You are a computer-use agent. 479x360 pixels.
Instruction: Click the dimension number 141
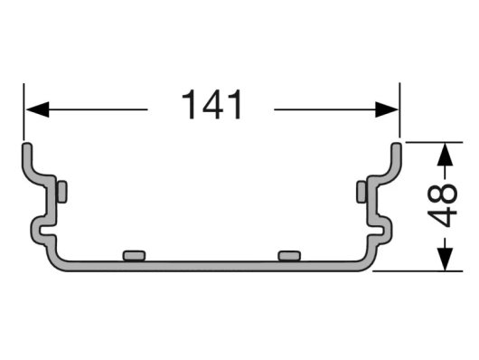coord(212,107)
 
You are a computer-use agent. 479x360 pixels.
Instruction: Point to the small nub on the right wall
coord(362,192)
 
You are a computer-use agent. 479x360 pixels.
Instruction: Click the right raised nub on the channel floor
coord(291,255)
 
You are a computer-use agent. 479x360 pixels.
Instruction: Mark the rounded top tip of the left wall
coord(27,146)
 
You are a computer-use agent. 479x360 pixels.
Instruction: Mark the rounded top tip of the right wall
coord(397,146)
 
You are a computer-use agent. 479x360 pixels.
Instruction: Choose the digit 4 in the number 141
coord(212,107)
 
